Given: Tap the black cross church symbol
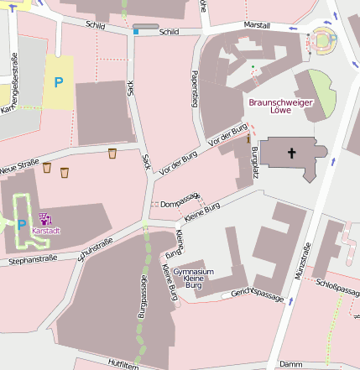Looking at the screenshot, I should (292, 154).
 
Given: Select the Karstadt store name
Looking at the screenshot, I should (45, 229).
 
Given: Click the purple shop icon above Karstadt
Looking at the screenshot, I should (44, 218).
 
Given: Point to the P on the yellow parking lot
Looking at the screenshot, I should (58, 82).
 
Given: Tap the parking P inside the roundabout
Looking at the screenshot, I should (332, 38).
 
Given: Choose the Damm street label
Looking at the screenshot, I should (290, 363).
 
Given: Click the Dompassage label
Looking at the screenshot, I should (178, 202).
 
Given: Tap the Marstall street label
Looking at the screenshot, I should (258, 26).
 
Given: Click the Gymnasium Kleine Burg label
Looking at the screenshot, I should (194, 279).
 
